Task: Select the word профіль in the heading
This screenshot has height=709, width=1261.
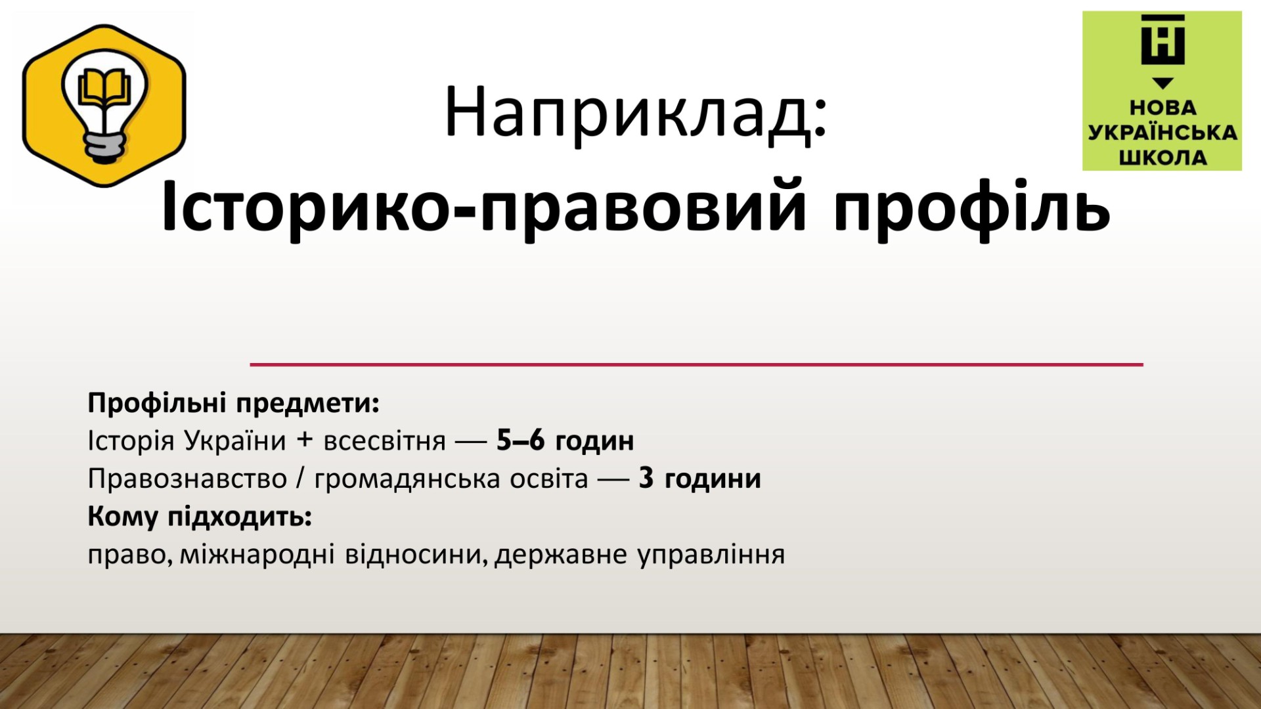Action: tap(972, 206)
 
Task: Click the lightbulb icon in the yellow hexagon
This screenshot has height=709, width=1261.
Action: tap(105, 105)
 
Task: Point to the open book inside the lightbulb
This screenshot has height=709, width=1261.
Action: tap(105, 89)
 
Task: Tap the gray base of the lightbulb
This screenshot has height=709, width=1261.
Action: tap(105, 148)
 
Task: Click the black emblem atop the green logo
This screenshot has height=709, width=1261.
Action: tap(1162, 39)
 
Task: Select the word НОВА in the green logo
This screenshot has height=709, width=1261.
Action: tap(1162, 107)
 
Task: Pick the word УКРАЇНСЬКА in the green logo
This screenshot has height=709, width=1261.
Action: tap(1162, 132)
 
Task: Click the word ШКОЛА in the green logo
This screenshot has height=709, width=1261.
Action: tap(1162, 158)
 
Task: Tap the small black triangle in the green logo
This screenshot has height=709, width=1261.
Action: tap(1163, 83)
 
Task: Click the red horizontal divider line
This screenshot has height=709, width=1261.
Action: tap(696, 364)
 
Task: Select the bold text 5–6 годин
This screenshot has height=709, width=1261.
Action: tap(565, 440)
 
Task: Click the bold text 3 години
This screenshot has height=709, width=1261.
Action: tap(699, 479)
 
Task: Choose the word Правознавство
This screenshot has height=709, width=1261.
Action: tap(187, 479)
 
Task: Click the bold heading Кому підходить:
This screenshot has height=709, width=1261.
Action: tap(200, 517)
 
